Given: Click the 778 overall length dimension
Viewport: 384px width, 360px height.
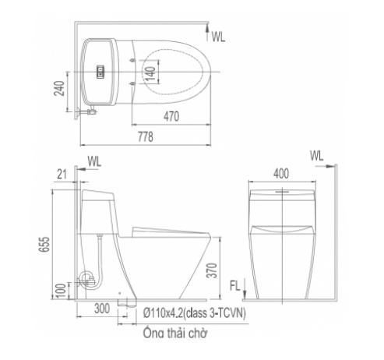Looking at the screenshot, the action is point(146,136).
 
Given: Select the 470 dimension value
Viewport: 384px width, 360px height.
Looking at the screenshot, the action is point(171,116).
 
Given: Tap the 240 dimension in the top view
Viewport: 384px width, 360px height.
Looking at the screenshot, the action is point(59,89).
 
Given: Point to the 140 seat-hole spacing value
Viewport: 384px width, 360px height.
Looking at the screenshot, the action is point(151,72).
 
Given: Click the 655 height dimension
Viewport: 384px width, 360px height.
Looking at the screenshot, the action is point(44,244).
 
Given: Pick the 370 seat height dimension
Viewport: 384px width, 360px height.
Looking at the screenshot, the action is point(212,270).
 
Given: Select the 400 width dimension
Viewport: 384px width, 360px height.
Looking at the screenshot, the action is point(281,174).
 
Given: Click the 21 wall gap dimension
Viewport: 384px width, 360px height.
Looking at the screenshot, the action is point(62,175).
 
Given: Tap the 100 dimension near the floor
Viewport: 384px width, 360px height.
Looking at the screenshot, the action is point(61,291).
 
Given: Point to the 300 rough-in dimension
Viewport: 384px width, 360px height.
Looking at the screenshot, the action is point(102,309).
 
